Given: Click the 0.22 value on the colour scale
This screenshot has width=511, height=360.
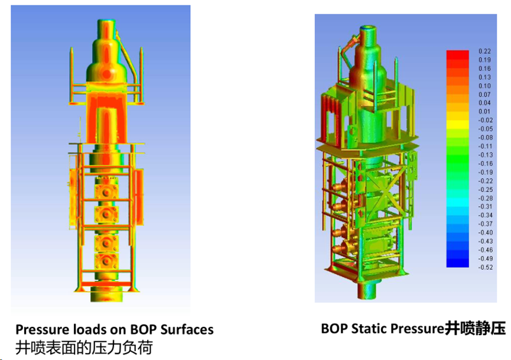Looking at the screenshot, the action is (x=484, y=51).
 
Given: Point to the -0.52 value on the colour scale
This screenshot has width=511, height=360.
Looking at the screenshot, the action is (x=485, y=267).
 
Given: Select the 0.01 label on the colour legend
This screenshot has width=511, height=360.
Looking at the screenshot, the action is (x=484, y=112).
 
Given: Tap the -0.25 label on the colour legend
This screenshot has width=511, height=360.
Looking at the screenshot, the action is (x=485, y=190).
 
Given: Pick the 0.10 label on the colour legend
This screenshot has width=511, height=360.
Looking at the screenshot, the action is (x=484, y=86).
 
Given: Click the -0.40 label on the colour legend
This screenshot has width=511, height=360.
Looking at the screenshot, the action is (x=485, y=232).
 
